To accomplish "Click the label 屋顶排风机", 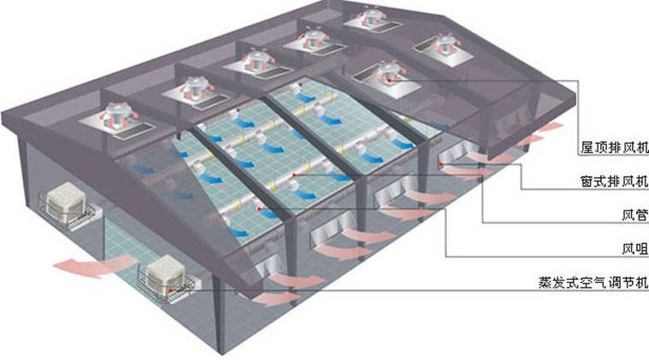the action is pos(614,147).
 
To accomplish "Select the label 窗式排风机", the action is pos(614,181).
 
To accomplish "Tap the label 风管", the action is pos(635,215).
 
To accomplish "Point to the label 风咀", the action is pos(635,249).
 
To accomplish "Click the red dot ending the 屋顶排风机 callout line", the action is pos(389,80).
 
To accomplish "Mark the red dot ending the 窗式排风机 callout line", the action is pos(441,165).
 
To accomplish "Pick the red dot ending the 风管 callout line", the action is pos(294,175).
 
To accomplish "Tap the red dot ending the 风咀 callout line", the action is pos(259,209).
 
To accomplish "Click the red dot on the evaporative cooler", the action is pos(170,279).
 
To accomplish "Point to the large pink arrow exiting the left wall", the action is pos(93,265).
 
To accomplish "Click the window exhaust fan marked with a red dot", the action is pos(455,152).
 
